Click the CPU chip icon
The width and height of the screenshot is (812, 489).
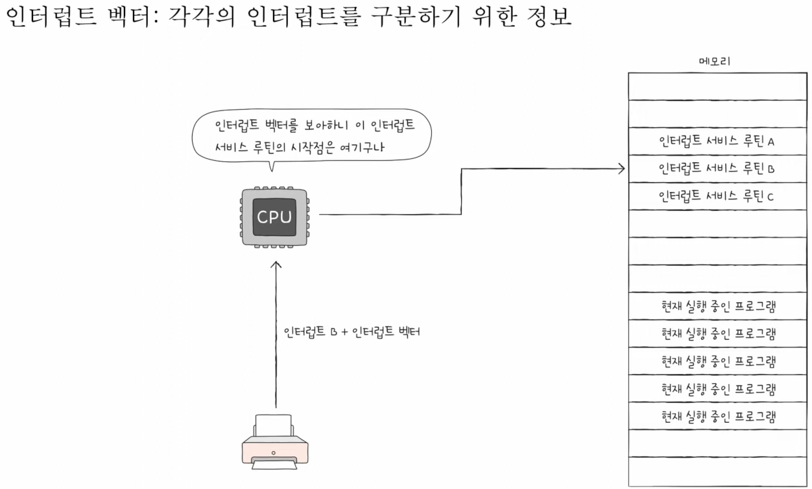click(x=275, y=217)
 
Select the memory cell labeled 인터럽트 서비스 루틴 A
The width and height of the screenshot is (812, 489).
click(x=716, y=141)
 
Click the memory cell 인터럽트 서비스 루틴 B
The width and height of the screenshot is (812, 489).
click(x=716, y=169)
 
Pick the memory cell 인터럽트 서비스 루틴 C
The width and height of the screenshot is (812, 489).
click(x=716, y=197)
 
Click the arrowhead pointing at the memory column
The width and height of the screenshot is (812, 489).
click(x=621, y=169)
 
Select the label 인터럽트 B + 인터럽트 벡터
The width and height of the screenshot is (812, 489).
click(x=352, y=333)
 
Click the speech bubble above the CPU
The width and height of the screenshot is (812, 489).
click(x=311, y=135)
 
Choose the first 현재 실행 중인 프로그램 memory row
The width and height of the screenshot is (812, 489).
click(x=716, y=306)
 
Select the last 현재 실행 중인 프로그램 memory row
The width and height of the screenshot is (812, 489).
click(x=716, y=415)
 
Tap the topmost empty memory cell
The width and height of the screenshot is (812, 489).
click(x=716, y=86)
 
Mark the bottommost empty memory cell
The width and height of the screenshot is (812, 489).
click(x=716, y=470)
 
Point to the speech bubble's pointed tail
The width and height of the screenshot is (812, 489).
click(x=271, y=167)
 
